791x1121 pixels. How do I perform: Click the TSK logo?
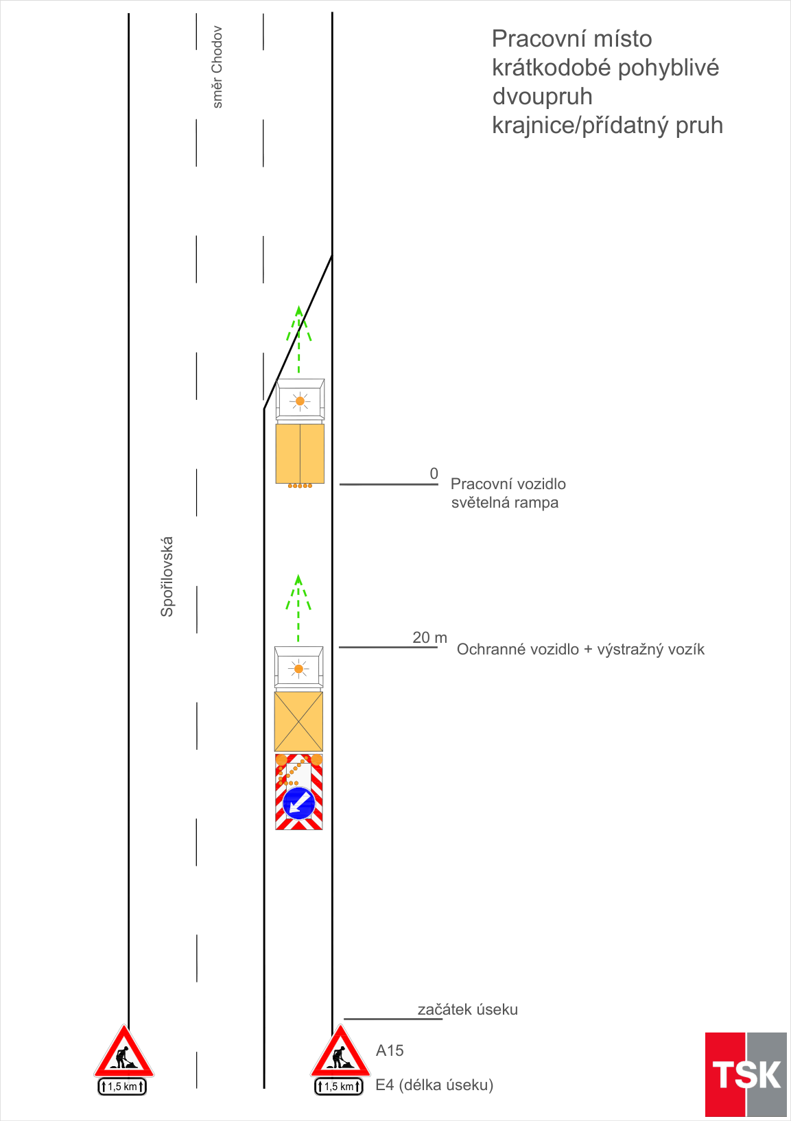pyautogui.click(x=746, y=1074)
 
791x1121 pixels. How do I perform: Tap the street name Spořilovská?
pyautogui.click(x=167, y=576)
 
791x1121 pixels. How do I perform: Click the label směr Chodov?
pyautogui.click(x=217, y=67)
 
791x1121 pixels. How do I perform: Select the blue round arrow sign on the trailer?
pyautogui.click(x=299, y=803)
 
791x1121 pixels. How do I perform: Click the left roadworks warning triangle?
pyautogui.click(x=123, y=1053)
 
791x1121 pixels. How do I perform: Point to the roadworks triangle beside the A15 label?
pyautogui.click(x=340, y=1053)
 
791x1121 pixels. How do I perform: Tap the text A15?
pyautogui.click(x=390, y=1050)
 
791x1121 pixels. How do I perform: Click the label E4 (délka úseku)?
pyautogui.click(x=434, y=1085)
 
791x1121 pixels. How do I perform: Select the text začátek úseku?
pyautogui.click(x=468, y=1009)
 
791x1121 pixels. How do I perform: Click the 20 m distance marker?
pyautogui.click(x=429, y=637)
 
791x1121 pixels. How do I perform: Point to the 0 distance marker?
pyautogui.click(x=434, y=473)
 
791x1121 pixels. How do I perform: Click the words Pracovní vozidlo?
pyautogui.click(x=508, y=484)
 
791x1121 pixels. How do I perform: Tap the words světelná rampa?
pyautogui.click(x=505, y=503)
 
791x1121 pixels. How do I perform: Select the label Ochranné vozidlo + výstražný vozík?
pyautogui.click(x=580, y=649)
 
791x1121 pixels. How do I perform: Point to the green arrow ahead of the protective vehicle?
pyautogui.click(x=298, y=606)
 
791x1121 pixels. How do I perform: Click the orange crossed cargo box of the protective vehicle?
pyautogui.click(x=298, y=721)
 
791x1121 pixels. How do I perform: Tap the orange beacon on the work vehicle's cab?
pyautogui.click(x=300, y=401)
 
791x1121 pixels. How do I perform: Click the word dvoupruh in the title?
pyautogui.click(x=543, y=96)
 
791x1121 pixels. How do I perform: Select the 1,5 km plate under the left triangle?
pyautogui.click(x=122, y=1087)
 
